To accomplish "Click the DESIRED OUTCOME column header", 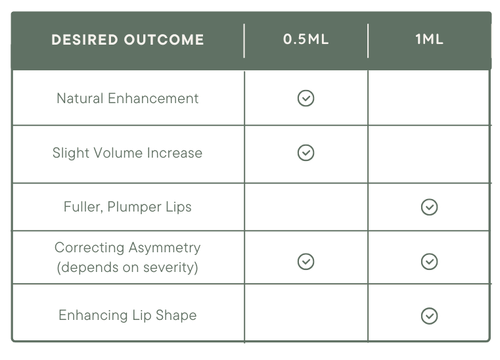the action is (x=127, y=40).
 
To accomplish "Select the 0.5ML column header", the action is (x=306, y=39).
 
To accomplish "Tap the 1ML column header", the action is (x=429, y=39).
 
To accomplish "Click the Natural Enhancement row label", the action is (x=127, y=98).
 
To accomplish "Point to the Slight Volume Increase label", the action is (x=127, y=152).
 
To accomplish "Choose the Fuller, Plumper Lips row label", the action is (x=127, y=207).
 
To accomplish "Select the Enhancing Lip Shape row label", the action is (x=127, y=315).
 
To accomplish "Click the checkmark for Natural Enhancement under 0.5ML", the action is (x=306, y=98).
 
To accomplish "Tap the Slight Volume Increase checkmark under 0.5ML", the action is (x=306, y=152).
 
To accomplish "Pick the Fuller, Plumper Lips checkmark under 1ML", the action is (x=429, y=208).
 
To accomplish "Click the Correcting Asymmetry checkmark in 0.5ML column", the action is (x=306, y=262).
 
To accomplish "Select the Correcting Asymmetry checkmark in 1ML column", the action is (x=429, y=262).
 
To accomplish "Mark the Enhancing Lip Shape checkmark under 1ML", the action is (x=429, y=316).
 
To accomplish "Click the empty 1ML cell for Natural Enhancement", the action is (x=428, y=98).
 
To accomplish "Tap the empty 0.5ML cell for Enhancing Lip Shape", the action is (x=306, y=313).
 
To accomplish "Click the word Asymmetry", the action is (x=164, y=248).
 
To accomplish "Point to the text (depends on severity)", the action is (x=127, y=267).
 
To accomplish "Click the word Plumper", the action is (x=135, y=208).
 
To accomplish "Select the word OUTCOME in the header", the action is (x=164, y=40).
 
